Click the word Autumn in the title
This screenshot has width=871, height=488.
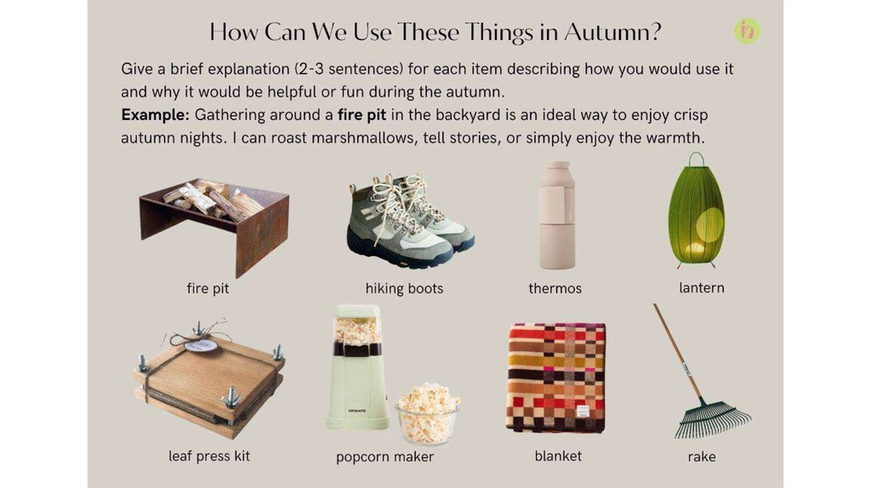pyautogui.click(x=612, y=31)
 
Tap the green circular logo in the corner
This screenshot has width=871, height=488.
pyautogui.click(x=747, y=31)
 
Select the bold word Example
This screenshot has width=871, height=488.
pyautogui.click(x=156, y=116)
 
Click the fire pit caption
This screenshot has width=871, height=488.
pyautogui.click(x=208, y=288)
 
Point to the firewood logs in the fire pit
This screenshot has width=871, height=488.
pyautogui.click(x=212, y=201)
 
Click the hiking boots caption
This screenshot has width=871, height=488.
pyautogui.click(x=404, y=289)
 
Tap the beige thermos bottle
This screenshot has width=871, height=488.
pyautogui.click(x=556, y=215)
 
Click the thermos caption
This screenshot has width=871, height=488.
pyautogui.click(x=555, y=289)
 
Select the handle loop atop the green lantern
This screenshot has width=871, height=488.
pyautogui.click(x=696, y=159)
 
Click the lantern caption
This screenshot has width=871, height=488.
pyautogui.click(x=702, y=287)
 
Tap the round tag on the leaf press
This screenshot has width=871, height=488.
pyautogui.click(x=201, y=346)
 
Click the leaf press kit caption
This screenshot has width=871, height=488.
pyautogui.click(x=209, y=457)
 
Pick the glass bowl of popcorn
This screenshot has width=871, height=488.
pyautogui.click(x=428, y=413)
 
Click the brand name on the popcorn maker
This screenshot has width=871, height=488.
pyautogui.click(x=357, y=411)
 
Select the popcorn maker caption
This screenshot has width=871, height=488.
pyautogui.click(x=384, y=457)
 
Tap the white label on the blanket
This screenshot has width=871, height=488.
pyautogui.click(x=582, y=412)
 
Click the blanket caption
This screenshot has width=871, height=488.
pyautogui.click(x=558, y=457)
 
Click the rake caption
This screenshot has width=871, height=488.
pyautogui.click(x=702, y=457)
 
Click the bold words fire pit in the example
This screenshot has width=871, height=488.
pyautogui.click(x=361, y=116)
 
